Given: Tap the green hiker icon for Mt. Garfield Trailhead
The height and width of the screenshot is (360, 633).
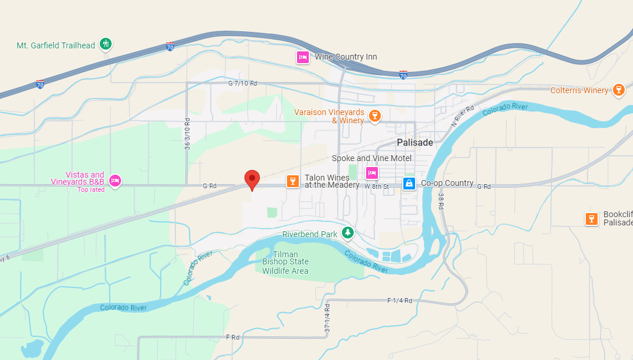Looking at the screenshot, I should tap(106, 43).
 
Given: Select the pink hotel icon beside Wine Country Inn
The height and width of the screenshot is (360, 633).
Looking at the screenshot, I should tap(302, 57).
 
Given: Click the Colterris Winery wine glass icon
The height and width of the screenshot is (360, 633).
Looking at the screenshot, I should tap(618, 90).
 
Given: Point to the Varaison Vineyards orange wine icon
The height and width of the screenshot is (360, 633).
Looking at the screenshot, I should tap(374, 115).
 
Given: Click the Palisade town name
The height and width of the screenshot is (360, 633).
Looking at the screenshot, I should tap(415, 143).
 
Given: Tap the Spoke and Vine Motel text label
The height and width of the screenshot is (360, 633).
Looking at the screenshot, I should tap(371, 158).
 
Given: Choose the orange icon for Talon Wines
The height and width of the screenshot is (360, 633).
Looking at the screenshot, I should tap(292, 181).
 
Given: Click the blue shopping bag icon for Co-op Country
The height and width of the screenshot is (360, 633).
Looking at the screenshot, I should tap(409, 184).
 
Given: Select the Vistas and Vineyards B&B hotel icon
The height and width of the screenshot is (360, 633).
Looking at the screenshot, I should tap(115, 180).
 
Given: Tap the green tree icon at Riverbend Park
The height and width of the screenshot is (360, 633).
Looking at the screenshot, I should tap(348, 233).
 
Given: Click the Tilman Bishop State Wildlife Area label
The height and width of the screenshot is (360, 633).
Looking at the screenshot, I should tap(285, 263).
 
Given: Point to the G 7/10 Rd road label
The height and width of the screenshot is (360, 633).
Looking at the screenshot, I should tap(243, 84).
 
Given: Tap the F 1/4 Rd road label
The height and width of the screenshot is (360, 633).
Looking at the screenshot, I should tap(399, 301).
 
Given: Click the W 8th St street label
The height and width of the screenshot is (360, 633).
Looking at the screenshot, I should tap(377, 186).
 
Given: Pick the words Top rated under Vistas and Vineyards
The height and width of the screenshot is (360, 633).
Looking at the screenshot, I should tap(91, 189).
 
